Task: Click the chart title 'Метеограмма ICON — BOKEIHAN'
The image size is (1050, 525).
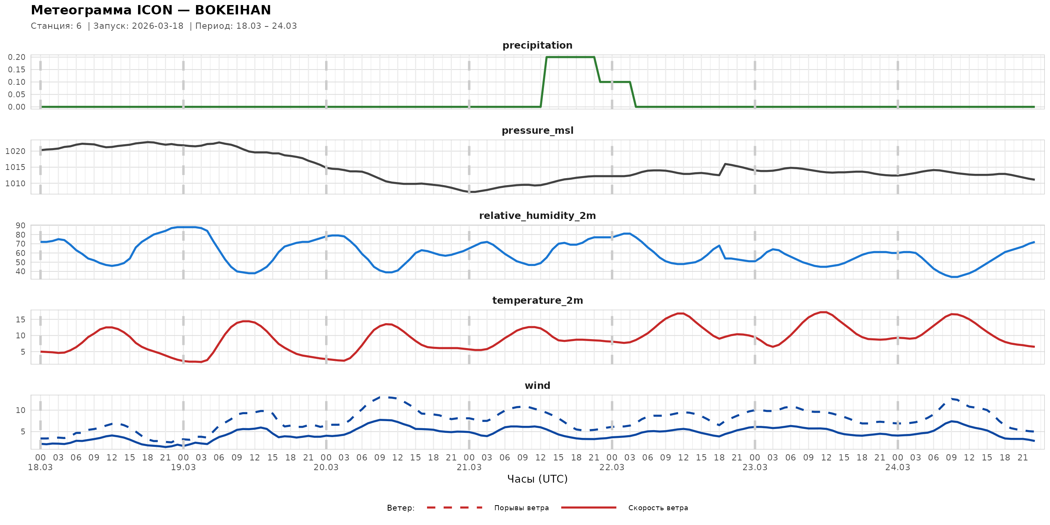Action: (x=151, y=10)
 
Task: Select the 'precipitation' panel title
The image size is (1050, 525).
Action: (x=537, y=45)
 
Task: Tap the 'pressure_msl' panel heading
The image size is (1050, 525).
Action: (x=537, y=130)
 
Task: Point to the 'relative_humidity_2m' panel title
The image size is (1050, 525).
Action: (x=537, y=215)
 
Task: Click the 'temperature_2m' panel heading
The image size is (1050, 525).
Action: (x=537, y=300)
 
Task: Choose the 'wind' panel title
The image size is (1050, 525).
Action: (x=537, y=386)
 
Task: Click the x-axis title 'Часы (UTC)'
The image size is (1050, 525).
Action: (x=537, y=479)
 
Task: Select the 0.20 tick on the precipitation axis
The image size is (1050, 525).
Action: (x=16, y=57)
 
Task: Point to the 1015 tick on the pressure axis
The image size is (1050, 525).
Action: (x=15, y=167)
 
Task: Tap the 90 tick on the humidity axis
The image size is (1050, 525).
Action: (x=20, y=226)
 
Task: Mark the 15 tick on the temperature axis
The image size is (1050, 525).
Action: (x=20, y=320)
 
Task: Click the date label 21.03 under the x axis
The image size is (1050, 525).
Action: (x=469, y=467)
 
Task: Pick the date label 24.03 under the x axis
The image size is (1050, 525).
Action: (x=898, y=467)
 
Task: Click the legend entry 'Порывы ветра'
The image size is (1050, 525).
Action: (x=521, y=508)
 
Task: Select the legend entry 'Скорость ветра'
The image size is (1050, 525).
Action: (x=658, y=508)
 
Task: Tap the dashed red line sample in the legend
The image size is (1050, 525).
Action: (x=455, y=508)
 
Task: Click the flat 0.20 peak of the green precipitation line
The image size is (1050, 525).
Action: (x=570, y=57)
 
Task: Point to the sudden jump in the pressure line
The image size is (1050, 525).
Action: (x=722, y=169)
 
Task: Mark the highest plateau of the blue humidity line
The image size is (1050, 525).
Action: (x=187, y=227)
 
